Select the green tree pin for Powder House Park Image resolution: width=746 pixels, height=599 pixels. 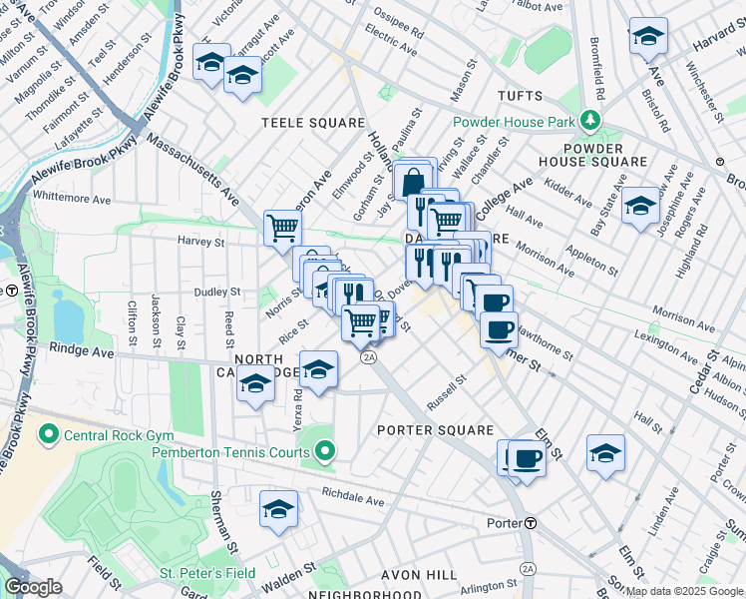590,122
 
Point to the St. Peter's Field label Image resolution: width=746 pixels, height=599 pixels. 207,574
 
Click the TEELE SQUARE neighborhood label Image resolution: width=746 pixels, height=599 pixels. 313,123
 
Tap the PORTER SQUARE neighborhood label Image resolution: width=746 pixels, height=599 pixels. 435,430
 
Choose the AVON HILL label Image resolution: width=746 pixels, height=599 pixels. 420,575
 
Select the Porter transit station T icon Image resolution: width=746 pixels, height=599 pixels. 532,523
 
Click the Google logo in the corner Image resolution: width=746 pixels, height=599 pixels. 33,587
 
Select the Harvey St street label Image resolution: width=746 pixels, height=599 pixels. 201,242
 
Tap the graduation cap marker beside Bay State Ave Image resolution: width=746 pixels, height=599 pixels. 639,208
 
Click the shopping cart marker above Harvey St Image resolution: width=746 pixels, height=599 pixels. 283,227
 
